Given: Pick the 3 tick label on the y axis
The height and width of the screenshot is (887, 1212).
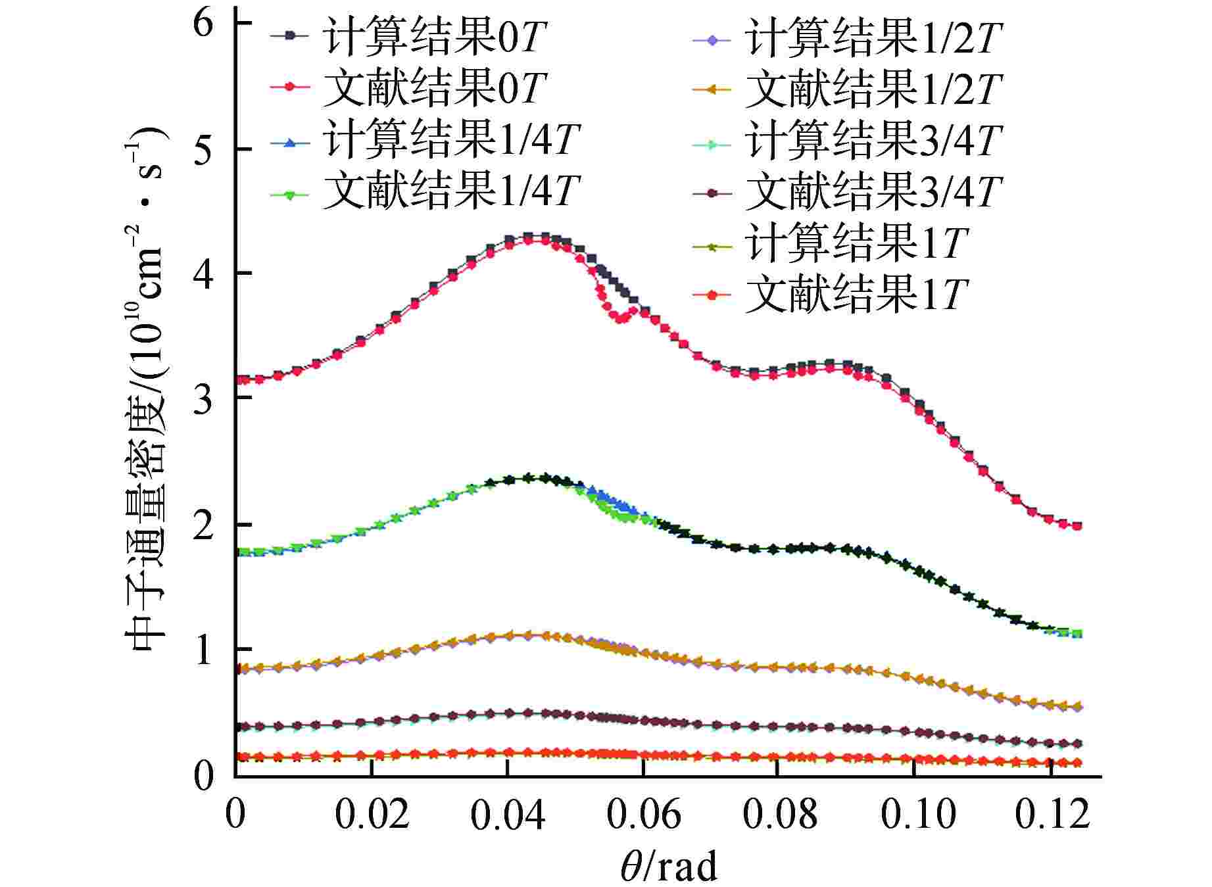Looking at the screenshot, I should point(204,399).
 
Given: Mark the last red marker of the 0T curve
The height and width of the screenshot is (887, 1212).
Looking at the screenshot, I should point(1077,526).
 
